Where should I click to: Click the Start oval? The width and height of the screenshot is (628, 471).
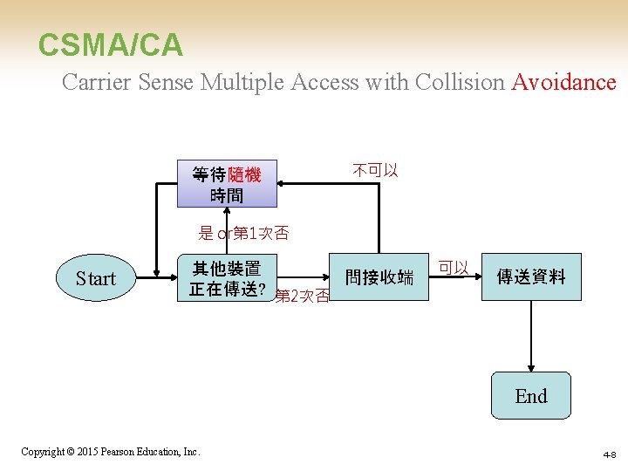tap(95, 278)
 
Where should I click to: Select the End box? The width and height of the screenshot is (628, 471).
tap(530, 396)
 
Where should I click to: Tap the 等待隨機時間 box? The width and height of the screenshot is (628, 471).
tap(226, 184)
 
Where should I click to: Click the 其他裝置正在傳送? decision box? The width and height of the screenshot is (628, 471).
tap(227, 277)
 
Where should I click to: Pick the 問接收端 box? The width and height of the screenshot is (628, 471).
tap(379, 277)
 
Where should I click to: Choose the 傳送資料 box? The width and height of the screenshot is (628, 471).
tap(530, 277)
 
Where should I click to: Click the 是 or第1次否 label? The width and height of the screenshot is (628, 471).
tap(243, 233)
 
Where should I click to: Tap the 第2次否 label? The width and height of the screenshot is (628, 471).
tap(302, 297)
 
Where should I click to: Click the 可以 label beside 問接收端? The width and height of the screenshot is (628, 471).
tap(454, 268)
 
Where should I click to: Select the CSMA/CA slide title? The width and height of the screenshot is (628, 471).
tap(111, 45)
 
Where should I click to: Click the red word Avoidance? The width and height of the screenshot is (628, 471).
tap(563, 83)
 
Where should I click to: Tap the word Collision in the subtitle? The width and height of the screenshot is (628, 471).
tap(460, 83)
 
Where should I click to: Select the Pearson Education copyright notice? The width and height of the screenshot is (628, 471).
tap(111, 452)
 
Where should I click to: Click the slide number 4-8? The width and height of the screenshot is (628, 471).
tap(609, 454)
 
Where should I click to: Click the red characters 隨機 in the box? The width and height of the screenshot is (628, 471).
tap(244, 174)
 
